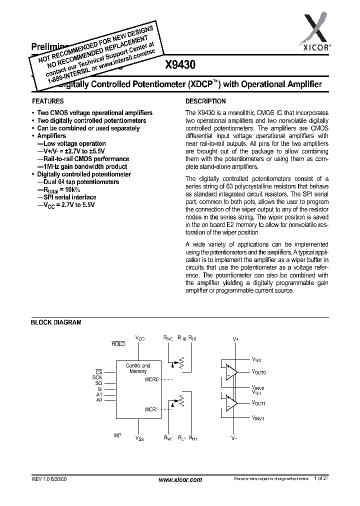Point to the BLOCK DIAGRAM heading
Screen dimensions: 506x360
[x=56, y=323]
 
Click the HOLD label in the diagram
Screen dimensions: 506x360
[x=118, y=344]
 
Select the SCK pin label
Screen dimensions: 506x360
[x=97, y=377]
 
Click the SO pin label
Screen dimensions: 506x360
[x=99, y=382]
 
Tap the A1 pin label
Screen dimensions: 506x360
[x=99, y=394]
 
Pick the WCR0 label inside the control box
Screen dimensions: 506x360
[x=151, y=379]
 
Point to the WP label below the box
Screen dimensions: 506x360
[x=117, y=435]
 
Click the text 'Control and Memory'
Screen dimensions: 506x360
[x=137, y=368]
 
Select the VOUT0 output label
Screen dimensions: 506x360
[x=258, y=372]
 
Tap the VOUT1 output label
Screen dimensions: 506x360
[x=258, y=402]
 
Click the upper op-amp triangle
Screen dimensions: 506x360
[x=231, y=372]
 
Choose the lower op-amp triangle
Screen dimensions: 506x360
[x=231, y=402]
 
